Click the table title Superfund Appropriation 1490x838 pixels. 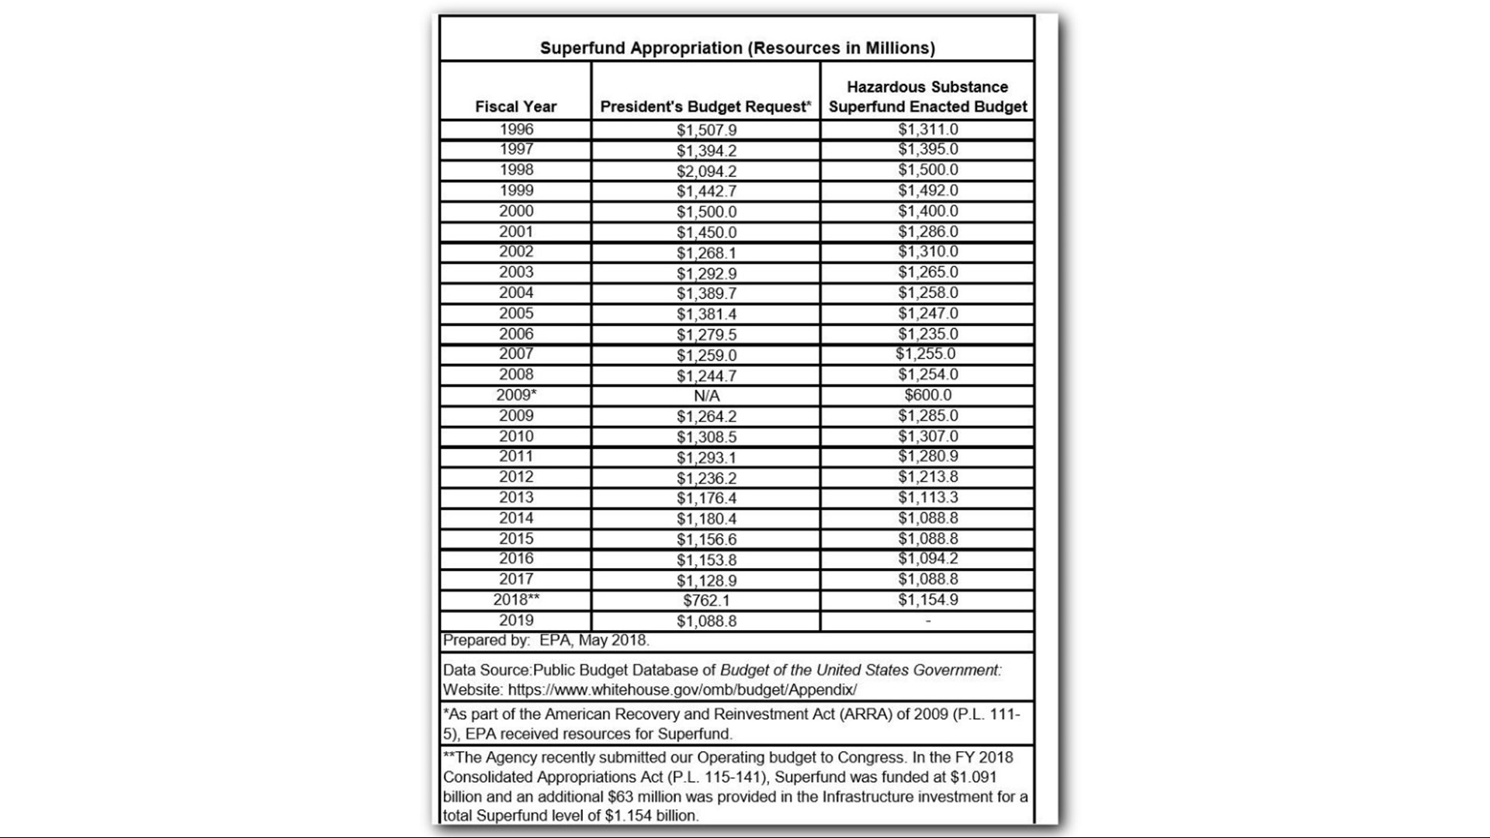(x=737, y=48)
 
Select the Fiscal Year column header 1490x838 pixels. (x=515, y=107)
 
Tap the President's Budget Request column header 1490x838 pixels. (x=705, y=107)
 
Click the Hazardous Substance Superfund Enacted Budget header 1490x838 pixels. (x=927, y=97)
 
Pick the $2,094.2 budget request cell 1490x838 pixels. (x=706, y=171)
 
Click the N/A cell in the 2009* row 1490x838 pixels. (x=706, y=396)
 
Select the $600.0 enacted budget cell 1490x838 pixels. (x=927, y=395)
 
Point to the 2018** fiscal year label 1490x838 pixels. (x=516, y=600)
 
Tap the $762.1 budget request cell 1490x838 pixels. (x=706, y=601)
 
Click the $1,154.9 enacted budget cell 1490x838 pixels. (x=927, y=600)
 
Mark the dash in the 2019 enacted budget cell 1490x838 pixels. (x=927, y=621)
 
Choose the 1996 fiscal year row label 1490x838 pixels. (x=516, y=130)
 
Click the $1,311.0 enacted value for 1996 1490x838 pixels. (x=927, y=130)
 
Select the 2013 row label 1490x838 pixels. (x=516, y=497)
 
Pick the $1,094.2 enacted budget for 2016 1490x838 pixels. (x=927, y=559)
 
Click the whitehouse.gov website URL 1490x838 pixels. (x=682, y=690)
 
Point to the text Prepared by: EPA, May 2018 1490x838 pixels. (x=546, y=641)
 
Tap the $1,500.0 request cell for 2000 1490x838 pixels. (x=706, y=212)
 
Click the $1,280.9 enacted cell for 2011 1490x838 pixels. (x=927, y=456)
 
